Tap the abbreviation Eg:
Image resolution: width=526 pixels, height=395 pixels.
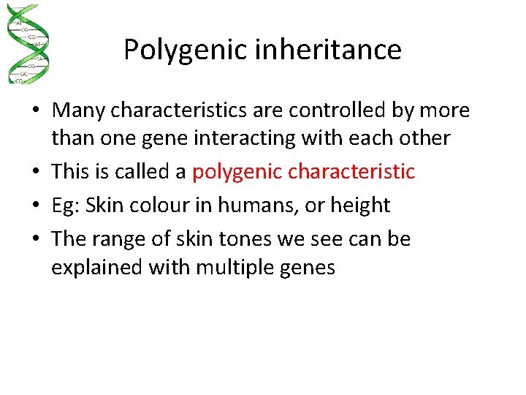(x=66, y=206)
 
